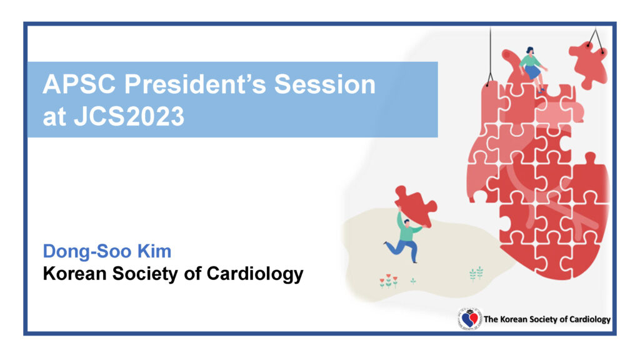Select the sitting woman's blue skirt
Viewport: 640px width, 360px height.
(x=532, y=72)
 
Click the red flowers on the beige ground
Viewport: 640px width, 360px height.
(x=388, y=280)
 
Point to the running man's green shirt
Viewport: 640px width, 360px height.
(x=408, y=232)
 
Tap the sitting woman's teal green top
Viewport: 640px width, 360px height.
(x=530, y=62)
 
